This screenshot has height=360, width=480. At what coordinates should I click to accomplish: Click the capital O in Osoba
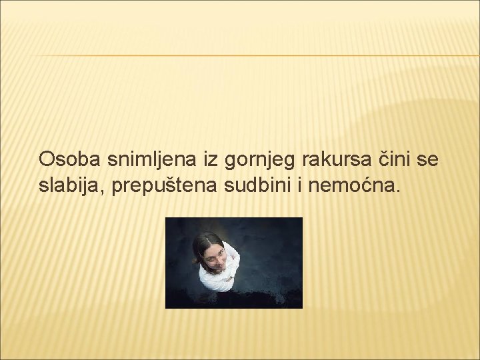point(47,159)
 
